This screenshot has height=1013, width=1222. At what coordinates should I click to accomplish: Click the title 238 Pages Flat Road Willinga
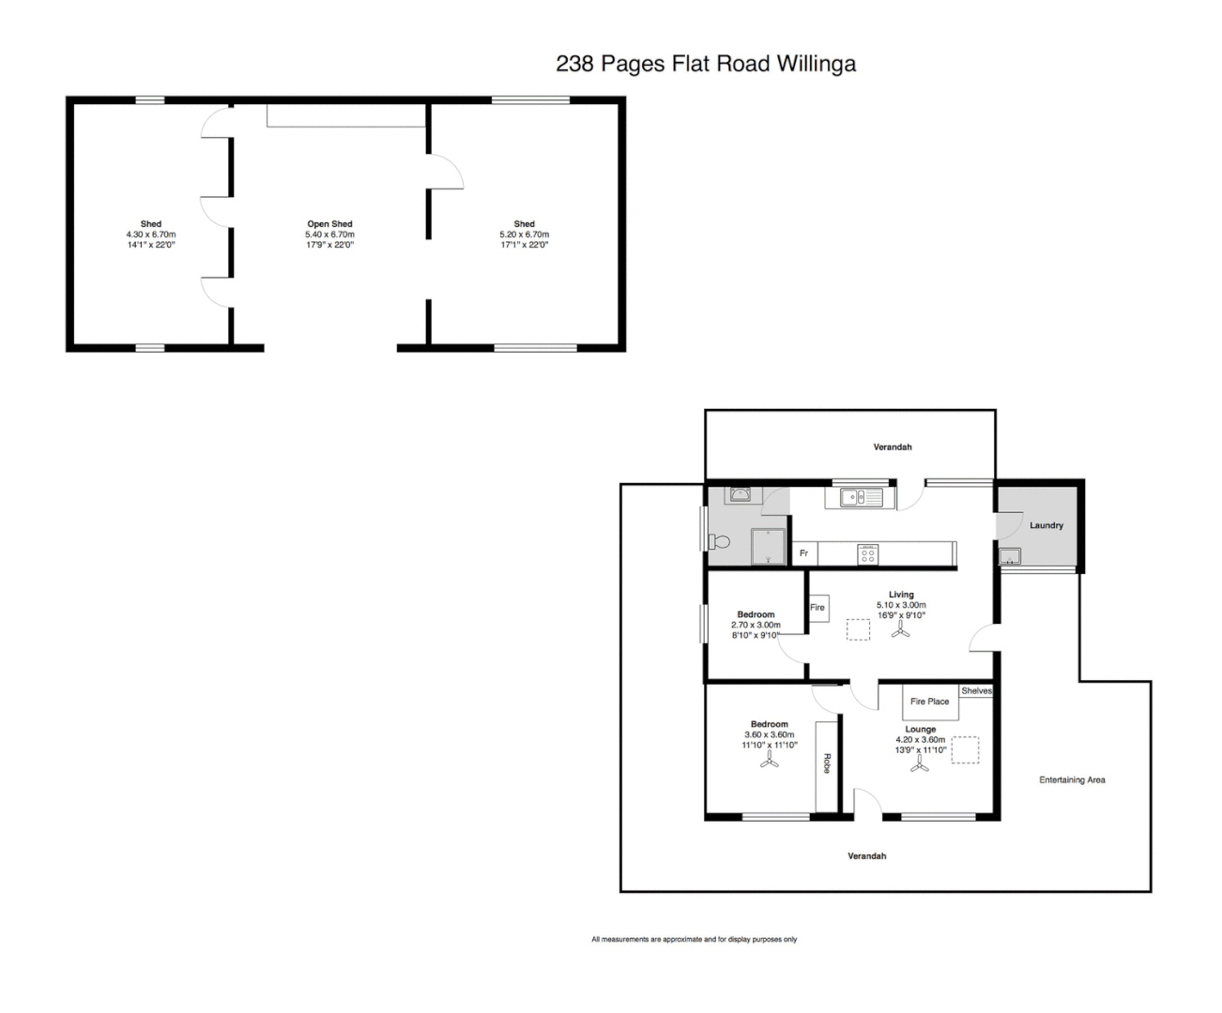(706, 64)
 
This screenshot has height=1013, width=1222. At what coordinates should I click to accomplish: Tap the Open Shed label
(329, 224)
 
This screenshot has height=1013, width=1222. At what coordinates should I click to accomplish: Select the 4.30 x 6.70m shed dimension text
(151, 234)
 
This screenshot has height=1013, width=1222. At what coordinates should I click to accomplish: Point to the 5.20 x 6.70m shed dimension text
(524, 234)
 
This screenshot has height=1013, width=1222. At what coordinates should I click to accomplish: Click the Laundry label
(1046, 525)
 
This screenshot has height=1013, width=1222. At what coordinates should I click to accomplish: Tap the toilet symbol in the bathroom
(720, 542)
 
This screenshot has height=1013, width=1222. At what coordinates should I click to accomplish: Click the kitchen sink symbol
(854, 497)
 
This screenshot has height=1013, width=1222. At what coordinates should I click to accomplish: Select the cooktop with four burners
(868, 554)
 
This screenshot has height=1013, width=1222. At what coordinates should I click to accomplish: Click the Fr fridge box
(803, 554)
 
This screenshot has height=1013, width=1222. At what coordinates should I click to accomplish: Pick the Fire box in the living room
(817, 608)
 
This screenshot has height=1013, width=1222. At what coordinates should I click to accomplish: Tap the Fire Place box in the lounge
(929, 702)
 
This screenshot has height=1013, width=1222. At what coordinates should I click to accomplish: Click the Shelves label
(976, 691)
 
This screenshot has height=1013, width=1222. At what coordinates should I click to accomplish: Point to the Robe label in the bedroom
(827, 764)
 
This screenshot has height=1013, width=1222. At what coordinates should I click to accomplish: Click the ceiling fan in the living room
(901, 632)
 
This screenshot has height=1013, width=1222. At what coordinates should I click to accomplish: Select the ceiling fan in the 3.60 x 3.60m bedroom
(769, 764)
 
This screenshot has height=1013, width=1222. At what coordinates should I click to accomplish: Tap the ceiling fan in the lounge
(919, 767)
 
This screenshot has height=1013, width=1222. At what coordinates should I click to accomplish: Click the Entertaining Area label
(1072, 779)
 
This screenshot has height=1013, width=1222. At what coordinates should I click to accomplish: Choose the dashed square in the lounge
(965, 750)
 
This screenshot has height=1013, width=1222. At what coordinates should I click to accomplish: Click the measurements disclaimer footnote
(694, 939)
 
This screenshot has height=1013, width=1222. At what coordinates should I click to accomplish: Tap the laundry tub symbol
(1011, 557)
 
